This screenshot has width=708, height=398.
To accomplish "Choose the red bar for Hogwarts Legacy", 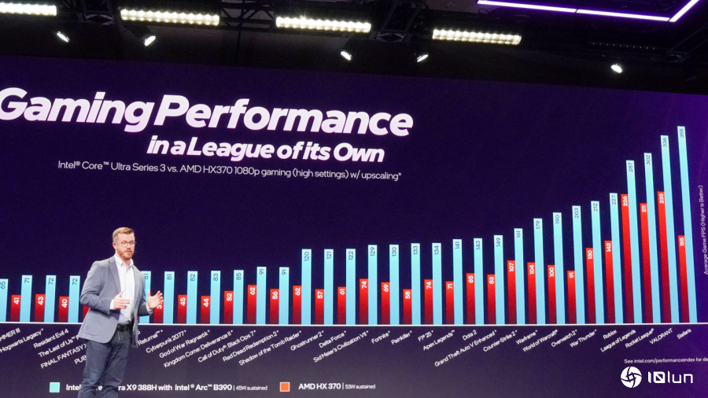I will point(16,308).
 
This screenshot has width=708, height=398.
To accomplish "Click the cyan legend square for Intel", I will point(55,386).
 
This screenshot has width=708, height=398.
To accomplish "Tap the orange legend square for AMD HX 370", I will point(285,386).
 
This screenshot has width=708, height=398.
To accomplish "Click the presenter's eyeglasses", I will point(125,243).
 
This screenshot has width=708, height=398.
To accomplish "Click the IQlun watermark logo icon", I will point(631,377).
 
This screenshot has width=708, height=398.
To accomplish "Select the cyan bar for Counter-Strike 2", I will point(518,276).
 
